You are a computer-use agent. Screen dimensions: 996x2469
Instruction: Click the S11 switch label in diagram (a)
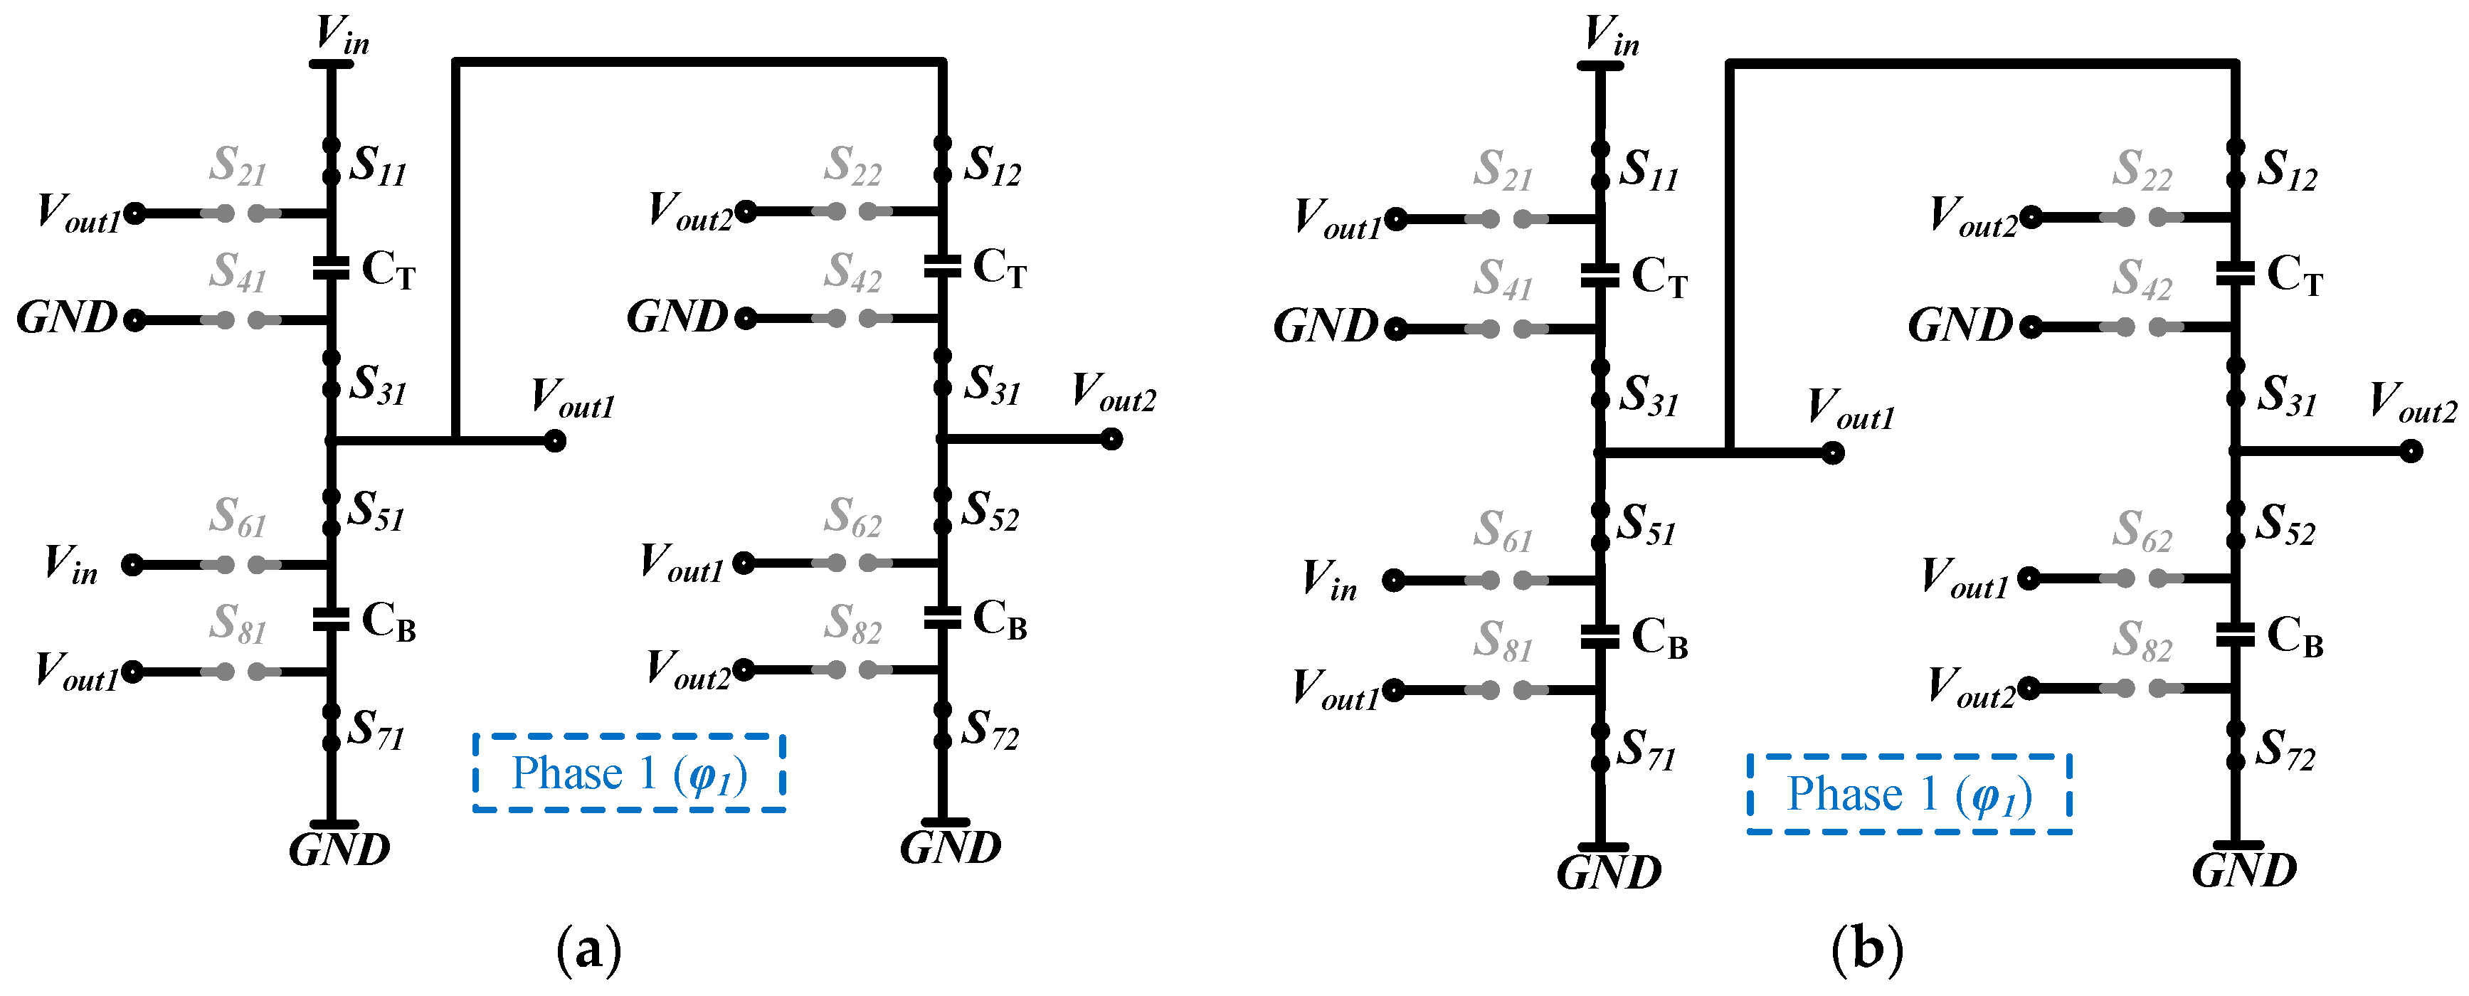[376, 166]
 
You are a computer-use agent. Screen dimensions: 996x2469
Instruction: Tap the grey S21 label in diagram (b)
[1502, 171]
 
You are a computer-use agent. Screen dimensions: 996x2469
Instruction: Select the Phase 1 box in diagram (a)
[629, 773]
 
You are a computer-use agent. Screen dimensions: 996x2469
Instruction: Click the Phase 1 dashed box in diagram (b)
[1908, 794]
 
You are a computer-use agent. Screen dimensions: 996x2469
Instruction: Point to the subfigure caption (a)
[588, 949]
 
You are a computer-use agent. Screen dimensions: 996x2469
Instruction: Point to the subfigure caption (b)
[1866, 949]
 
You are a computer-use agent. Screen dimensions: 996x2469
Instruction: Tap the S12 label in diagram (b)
[2286, 171]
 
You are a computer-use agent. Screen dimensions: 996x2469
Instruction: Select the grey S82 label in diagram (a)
[852, 624]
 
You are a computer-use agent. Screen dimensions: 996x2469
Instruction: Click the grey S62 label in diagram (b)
[2141, 532]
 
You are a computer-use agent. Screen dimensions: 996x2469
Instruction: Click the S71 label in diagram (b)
[1646, 751]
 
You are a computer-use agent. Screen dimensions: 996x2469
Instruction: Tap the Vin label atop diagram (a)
[342, 36]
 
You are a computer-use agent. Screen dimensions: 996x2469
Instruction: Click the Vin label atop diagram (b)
[1611, 36]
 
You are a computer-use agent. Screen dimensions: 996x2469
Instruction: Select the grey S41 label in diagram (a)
[238, 272]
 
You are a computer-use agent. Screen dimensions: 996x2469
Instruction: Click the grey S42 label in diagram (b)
[2141, 280]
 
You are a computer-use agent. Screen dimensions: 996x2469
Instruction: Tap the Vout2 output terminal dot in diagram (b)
[2411, 450]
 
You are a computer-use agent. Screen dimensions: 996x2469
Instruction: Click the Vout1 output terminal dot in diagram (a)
[554, 441]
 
